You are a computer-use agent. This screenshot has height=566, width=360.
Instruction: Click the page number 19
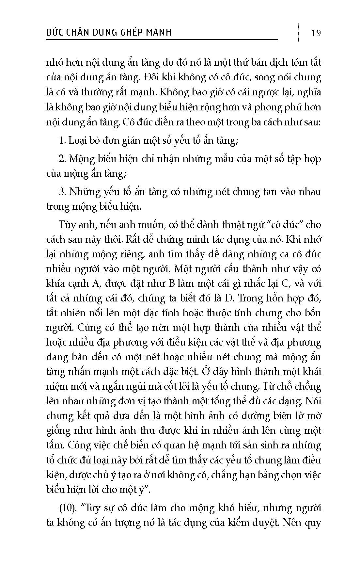coord(316,33)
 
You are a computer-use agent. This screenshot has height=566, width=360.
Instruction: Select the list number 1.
coord(62,141)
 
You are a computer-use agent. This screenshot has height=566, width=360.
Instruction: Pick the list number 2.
coord(62,159)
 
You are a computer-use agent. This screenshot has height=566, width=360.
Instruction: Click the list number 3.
coord(62,192)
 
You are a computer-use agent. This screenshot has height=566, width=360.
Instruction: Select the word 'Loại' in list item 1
coord(77,141)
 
